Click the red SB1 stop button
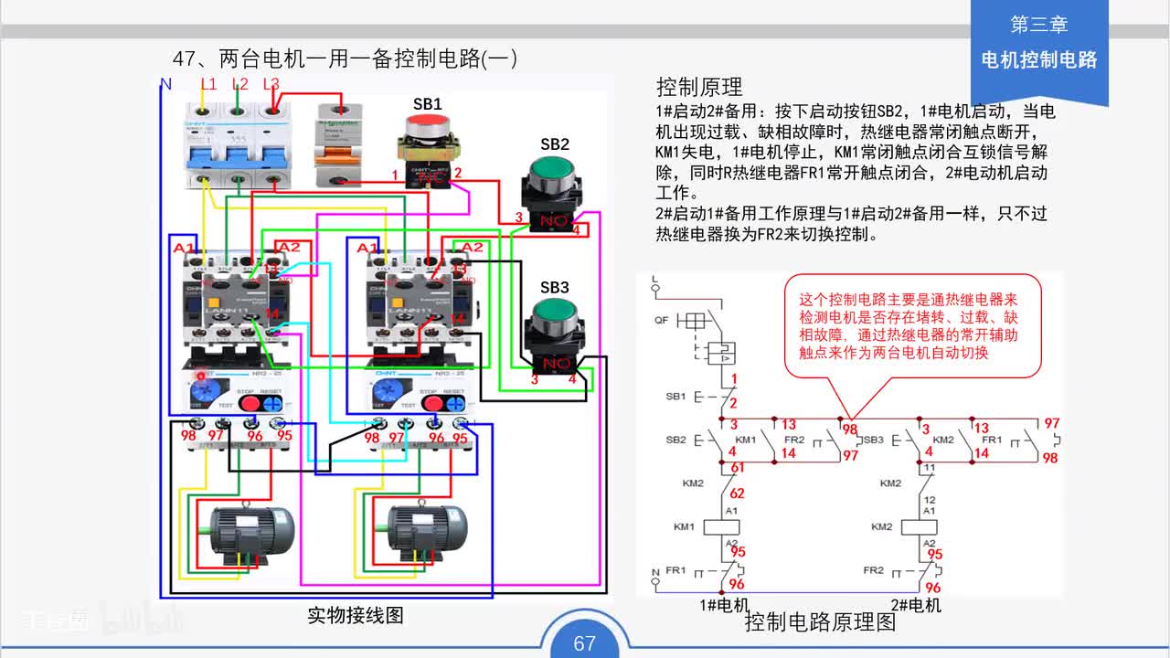[x=427, y=129]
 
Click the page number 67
[x=584, y=643]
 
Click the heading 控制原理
[x=699, y=87]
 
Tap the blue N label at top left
[x=165, y=84]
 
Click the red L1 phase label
[x=208, y=84]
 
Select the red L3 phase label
[x=271, y=84]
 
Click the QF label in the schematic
[x=662, y=321]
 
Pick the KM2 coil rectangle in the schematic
[x=919, y=527]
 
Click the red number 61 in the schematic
[x=738, y=467]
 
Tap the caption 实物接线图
[x=355, y=615]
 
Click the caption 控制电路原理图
[x=820, y=623]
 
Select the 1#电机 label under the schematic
[x=724, y=605]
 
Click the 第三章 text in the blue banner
[x=1038, y=25]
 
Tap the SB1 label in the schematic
[x=675, y=397]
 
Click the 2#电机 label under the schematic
[x=916, y=605]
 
